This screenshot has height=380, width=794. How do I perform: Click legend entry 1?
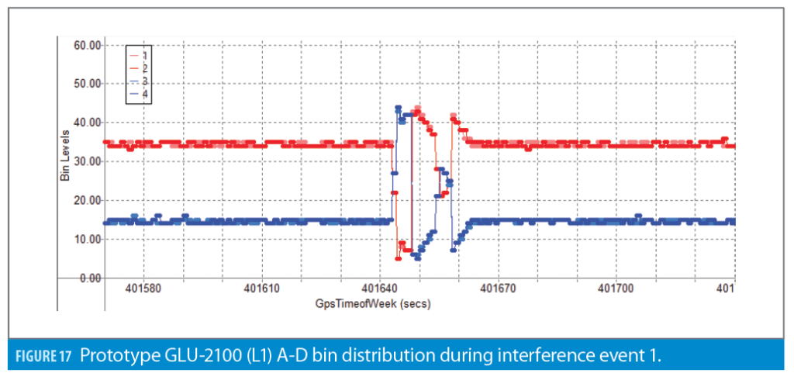click(144, 56)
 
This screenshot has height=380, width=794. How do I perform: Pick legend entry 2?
click(144, 68)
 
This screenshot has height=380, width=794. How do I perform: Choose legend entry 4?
click(144, 93)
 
